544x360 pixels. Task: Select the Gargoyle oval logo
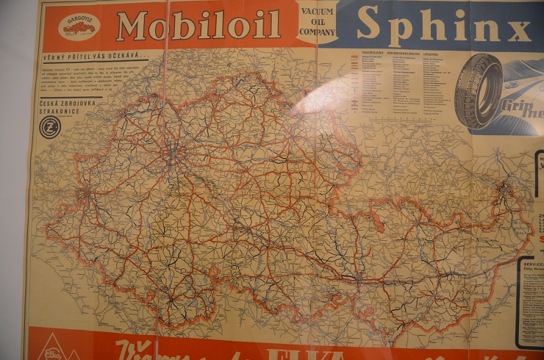(79, 26)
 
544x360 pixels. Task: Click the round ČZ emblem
(50, 126)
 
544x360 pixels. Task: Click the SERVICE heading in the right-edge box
(534, 262)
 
